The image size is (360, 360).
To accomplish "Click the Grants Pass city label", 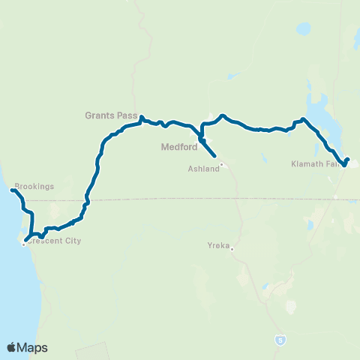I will click(x=110, y=116).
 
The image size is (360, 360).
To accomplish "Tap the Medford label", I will click(x=179, y=147).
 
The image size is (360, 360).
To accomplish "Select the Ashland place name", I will click(x=203, y=169).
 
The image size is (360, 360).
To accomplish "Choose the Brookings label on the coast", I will click(x=34, y=186).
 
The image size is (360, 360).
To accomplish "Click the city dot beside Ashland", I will click(x=223, y=165).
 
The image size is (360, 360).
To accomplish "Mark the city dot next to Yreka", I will click(x=232, y=249).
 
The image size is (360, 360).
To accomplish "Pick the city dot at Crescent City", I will click(x=23, y=243).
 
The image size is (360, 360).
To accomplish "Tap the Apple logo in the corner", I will click(x=12, y=347).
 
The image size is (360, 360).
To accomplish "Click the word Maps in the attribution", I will click(x=33, y=347).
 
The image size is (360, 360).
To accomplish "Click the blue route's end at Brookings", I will click(x=12, y=190).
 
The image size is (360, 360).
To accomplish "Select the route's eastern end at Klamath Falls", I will click(x=348, y=158).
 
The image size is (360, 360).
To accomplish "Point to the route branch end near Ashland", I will click(x=216, y=156).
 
